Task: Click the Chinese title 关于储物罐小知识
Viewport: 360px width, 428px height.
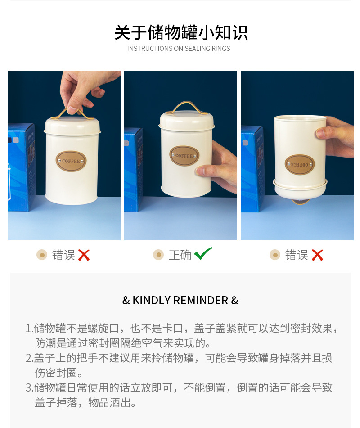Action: tap(181, 33)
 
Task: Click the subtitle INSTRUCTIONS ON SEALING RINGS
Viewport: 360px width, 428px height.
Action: tap(179, 49)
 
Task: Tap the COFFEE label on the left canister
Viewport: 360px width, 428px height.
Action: tap(71, 161)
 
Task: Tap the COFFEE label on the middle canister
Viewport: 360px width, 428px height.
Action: tap(184, 156)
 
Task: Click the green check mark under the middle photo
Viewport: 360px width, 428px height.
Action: tap(203, 254)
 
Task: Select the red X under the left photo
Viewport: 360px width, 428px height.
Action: tap(84, 255)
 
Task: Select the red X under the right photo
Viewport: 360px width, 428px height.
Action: tap(317, 255)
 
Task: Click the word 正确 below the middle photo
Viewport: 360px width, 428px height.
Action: tap(180, 255)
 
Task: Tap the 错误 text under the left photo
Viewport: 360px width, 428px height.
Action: tap(63, 255)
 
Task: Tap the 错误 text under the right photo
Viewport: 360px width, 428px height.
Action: tap(297, 255)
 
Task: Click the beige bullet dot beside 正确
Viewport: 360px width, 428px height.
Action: tap(158, 255)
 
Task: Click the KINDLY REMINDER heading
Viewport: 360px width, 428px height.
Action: tap(180, 300)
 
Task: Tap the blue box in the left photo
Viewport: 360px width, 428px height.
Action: tap(22, 167)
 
